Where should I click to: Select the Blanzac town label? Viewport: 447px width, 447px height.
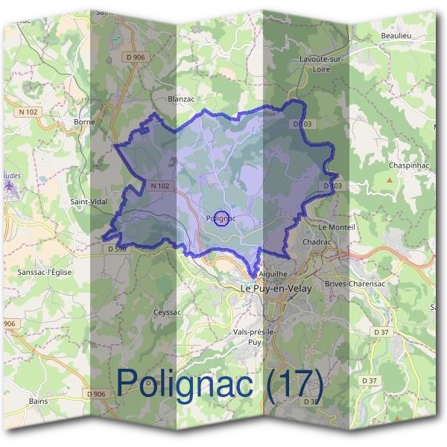point(181,98)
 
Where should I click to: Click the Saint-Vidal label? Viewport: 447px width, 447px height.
point(89,201)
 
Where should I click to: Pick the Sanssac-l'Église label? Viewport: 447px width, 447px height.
point(45,273)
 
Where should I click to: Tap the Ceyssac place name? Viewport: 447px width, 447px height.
point(167,311)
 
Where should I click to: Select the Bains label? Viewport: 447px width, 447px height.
point(38,401)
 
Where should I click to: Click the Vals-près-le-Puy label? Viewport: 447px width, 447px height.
point(254,337)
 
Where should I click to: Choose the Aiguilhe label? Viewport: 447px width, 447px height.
point(272,274)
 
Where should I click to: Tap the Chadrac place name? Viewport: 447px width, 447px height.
point(317,242)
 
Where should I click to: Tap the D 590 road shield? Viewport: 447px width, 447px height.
point(116,249)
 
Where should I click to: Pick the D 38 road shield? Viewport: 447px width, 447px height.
point(311,402)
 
